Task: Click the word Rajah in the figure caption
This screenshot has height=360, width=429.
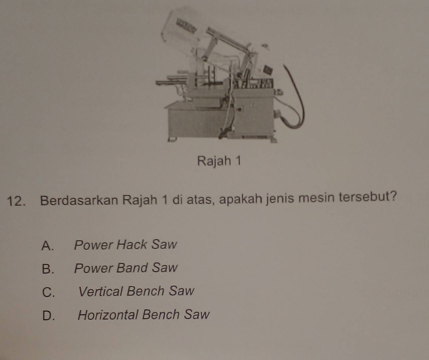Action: pyautogui.click(x=214, y=161)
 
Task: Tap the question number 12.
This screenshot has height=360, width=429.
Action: pyautogui.click(x=16, y=201)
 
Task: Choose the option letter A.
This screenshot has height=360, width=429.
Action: pyautogui.click(x=47, y=245)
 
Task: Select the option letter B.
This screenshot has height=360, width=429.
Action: pyautogui.click(x=48, y=269)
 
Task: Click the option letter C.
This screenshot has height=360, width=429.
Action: pyautogui.click(x=48, y=292)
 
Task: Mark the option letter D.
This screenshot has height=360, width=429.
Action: pyautogui.click(x=49, y=316)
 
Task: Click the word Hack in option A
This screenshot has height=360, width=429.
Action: pyautogui.click(x=132, y=245)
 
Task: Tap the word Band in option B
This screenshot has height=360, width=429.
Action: pyautogui.click(x=132, y=268)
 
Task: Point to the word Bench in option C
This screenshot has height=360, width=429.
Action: pyautogui.click(x=145, y=291)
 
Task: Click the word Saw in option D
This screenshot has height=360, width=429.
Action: pyautogui.click(x=196, y=314)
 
